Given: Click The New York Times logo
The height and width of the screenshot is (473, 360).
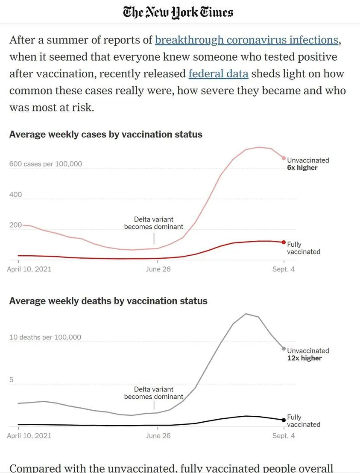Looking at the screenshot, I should point(178,12).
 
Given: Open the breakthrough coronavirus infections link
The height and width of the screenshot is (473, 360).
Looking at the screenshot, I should point(247,40).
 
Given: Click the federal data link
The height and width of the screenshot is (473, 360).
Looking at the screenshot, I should point(218,74).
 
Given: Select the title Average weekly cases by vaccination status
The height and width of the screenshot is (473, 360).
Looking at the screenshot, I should point(106,134).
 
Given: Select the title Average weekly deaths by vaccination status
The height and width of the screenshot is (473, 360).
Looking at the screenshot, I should point(108,301).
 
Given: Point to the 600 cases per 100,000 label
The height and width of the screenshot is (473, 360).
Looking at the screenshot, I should point(46,164).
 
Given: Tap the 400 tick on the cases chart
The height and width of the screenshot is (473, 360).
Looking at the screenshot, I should point(15,195).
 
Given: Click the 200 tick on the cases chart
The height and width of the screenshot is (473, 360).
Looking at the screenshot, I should point(15,225).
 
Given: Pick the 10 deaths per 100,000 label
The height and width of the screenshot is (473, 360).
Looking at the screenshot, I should point(45,337).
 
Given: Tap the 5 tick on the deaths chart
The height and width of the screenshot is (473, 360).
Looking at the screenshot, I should point(12,380).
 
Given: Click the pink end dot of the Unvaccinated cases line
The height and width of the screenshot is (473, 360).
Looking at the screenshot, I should point(284,158).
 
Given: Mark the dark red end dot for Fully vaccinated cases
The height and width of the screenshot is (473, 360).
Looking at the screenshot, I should point(284,242).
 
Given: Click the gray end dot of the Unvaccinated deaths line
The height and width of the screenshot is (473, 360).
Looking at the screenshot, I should point(284,349).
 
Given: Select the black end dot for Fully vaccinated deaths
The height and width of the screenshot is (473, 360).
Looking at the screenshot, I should point(284,420).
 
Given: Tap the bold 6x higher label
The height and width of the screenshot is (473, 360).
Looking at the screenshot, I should point(302,168).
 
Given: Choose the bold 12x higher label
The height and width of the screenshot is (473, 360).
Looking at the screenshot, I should point(304,358).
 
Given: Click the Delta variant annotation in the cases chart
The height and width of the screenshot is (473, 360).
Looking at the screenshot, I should point(154,223).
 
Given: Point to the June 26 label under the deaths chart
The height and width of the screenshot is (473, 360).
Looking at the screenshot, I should point(158,436).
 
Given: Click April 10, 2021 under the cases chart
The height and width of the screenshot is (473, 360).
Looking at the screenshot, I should point(29,269).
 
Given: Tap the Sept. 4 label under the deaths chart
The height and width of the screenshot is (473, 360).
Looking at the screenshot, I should point(284,436).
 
